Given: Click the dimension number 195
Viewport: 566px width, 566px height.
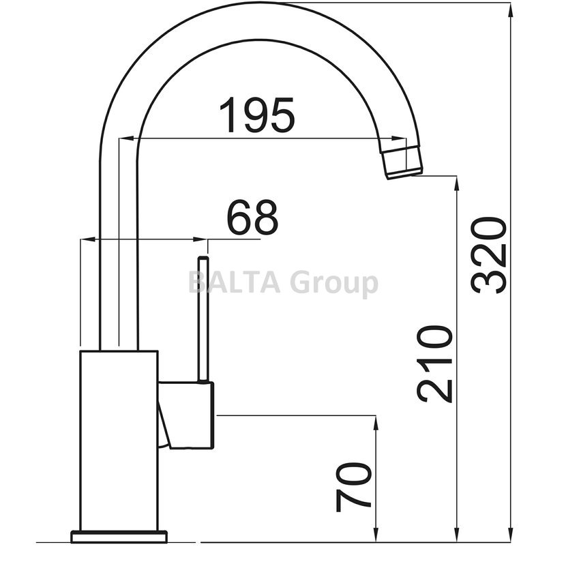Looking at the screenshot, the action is click(x=257, y=115).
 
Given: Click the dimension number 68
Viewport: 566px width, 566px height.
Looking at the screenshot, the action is click(x=252, y=218).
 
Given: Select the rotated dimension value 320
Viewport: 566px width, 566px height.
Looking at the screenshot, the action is click(x=489, y=255).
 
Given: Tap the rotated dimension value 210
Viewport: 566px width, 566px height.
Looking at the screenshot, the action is click(x=434, y=364).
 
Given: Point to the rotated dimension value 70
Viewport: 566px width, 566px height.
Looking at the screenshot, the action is click(x=354, y=488).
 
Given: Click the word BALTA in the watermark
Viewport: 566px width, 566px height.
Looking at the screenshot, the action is click(x=235, y=282).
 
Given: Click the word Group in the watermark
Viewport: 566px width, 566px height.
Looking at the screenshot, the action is click(x=334, y=284).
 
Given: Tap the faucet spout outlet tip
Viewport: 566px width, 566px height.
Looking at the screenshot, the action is click(x=402, y=162).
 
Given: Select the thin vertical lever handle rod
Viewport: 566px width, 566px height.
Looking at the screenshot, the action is click(x=203, y=319).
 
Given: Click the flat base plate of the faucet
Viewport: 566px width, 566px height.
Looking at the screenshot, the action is click(x=119, y=537).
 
